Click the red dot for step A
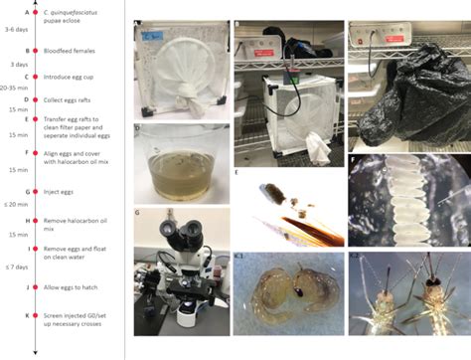(36, 13)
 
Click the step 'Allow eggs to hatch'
(76, 288)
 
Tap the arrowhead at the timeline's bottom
(36, 350)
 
